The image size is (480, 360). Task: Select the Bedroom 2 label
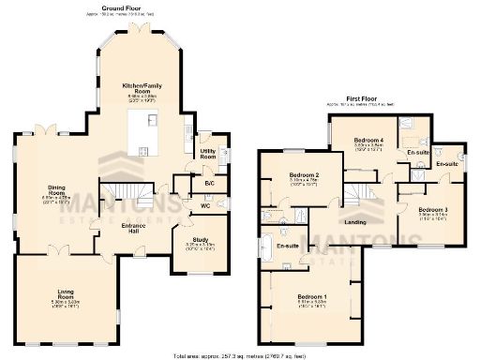[304, 176]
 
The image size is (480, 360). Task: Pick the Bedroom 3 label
[432, 210]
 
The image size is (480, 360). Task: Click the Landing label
[354, 222]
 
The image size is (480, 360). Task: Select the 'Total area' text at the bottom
[239, 356]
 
